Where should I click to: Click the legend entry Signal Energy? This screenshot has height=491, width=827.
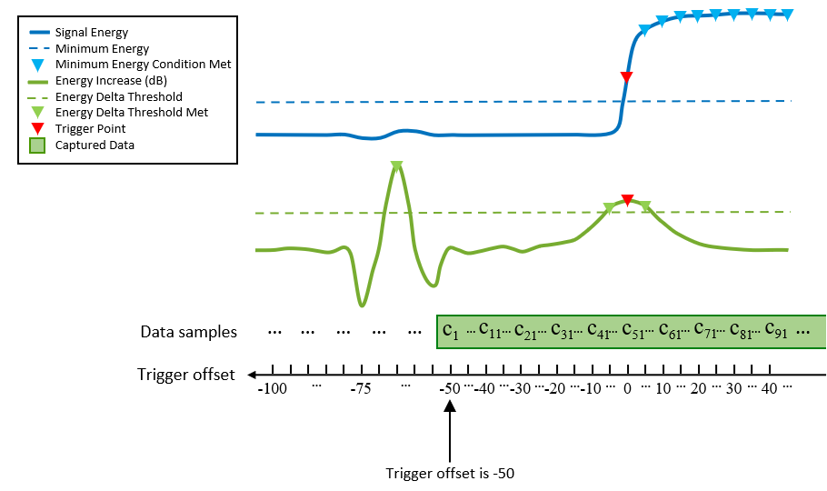pos(92,33)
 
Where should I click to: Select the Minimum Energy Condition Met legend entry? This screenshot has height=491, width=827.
pos(143,65)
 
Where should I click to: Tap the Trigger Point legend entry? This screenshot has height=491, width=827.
pos(90,128)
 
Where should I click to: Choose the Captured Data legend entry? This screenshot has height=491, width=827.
pos(95,145)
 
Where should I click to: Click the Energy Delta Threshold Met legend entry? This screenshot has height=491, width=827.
pos(132,113)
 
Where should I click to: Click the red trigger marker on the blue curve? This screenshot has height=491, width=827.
pos(626,77)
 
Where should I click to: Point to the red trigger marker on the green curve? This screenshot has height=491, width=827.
pos(626,199)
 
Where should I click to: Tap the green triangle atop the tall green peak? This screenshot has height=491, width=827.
pos(396,167)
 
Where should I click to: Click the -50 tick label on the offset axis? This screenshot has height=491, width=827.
pos(450,388)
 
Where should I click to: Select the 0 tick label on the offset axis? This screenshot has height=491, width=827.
pos(626,388)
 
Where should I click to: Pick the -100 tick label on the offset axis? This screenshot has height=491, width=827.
pos(272,388)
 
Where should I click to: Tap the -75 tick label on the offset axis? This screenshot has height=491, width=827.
pos(361,388)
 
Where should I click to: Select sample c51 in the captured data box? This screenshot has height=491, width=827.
pos(628,331)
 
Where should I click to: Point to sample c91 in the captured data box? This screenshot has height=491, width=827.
pos(778,331)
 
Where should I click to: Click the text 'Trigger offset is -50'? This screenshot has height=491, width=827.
pos(451,473)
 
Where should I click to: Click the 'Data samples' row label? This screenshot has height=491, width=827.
pos(188,332)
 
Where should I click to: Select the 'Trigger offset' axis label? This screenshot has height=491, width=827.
pos(186,375)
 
